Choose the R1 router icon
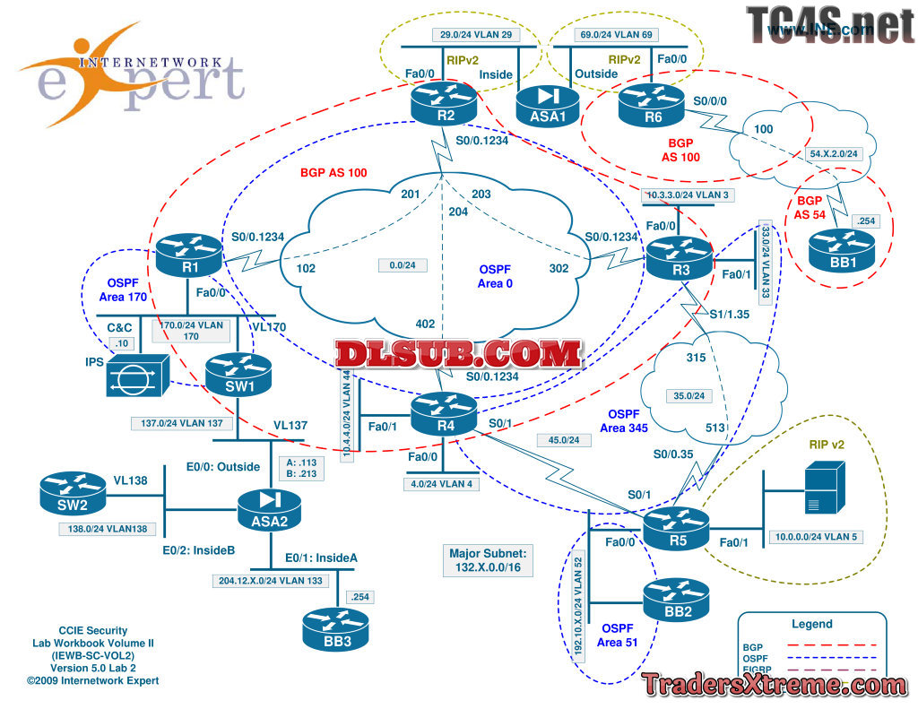(188, 255)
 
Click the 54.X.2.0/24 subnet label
(834, 153)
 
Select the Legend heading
(811, 624)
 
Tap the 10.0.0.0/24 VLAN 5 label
(814, 538)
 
